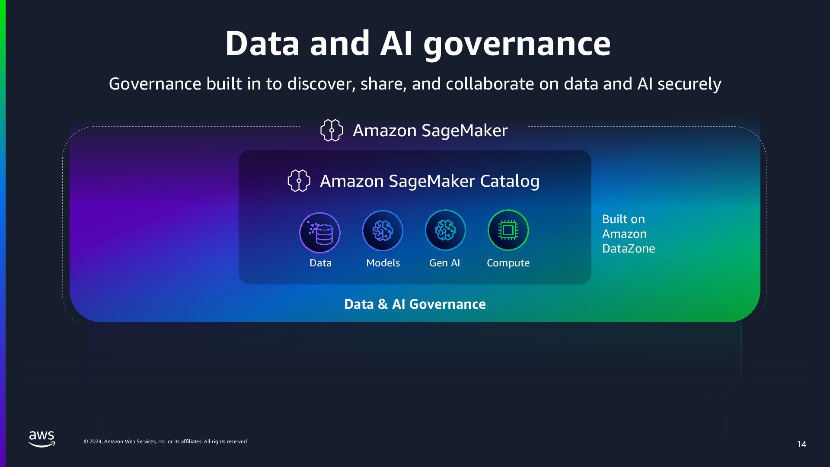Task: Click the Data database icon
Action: (320, 233)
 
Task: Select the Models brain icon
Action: (383, 230)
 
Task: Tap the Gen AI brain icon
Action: (445, 230)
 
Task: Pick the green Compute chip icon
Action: (508, 230)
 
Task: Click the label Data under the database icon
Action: (320, 263)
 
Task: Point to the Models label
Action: (383, 263)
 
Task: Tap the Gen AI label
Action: (444, 263)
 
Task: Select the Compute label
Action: (508, 263)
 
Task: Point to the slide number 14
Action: (801, 444)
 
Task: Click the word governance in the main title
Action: (517, 44)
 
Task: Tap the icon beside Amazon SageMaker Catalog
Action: (299, 181)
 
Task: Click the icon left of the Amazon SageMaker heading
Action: (332, 130)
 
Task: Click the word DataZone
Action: (629, 249)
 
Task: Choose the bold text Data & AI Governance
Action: (415, 304)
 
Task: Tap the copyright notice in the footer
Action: (165, 441)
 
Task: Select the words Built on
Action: (623, 219)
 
